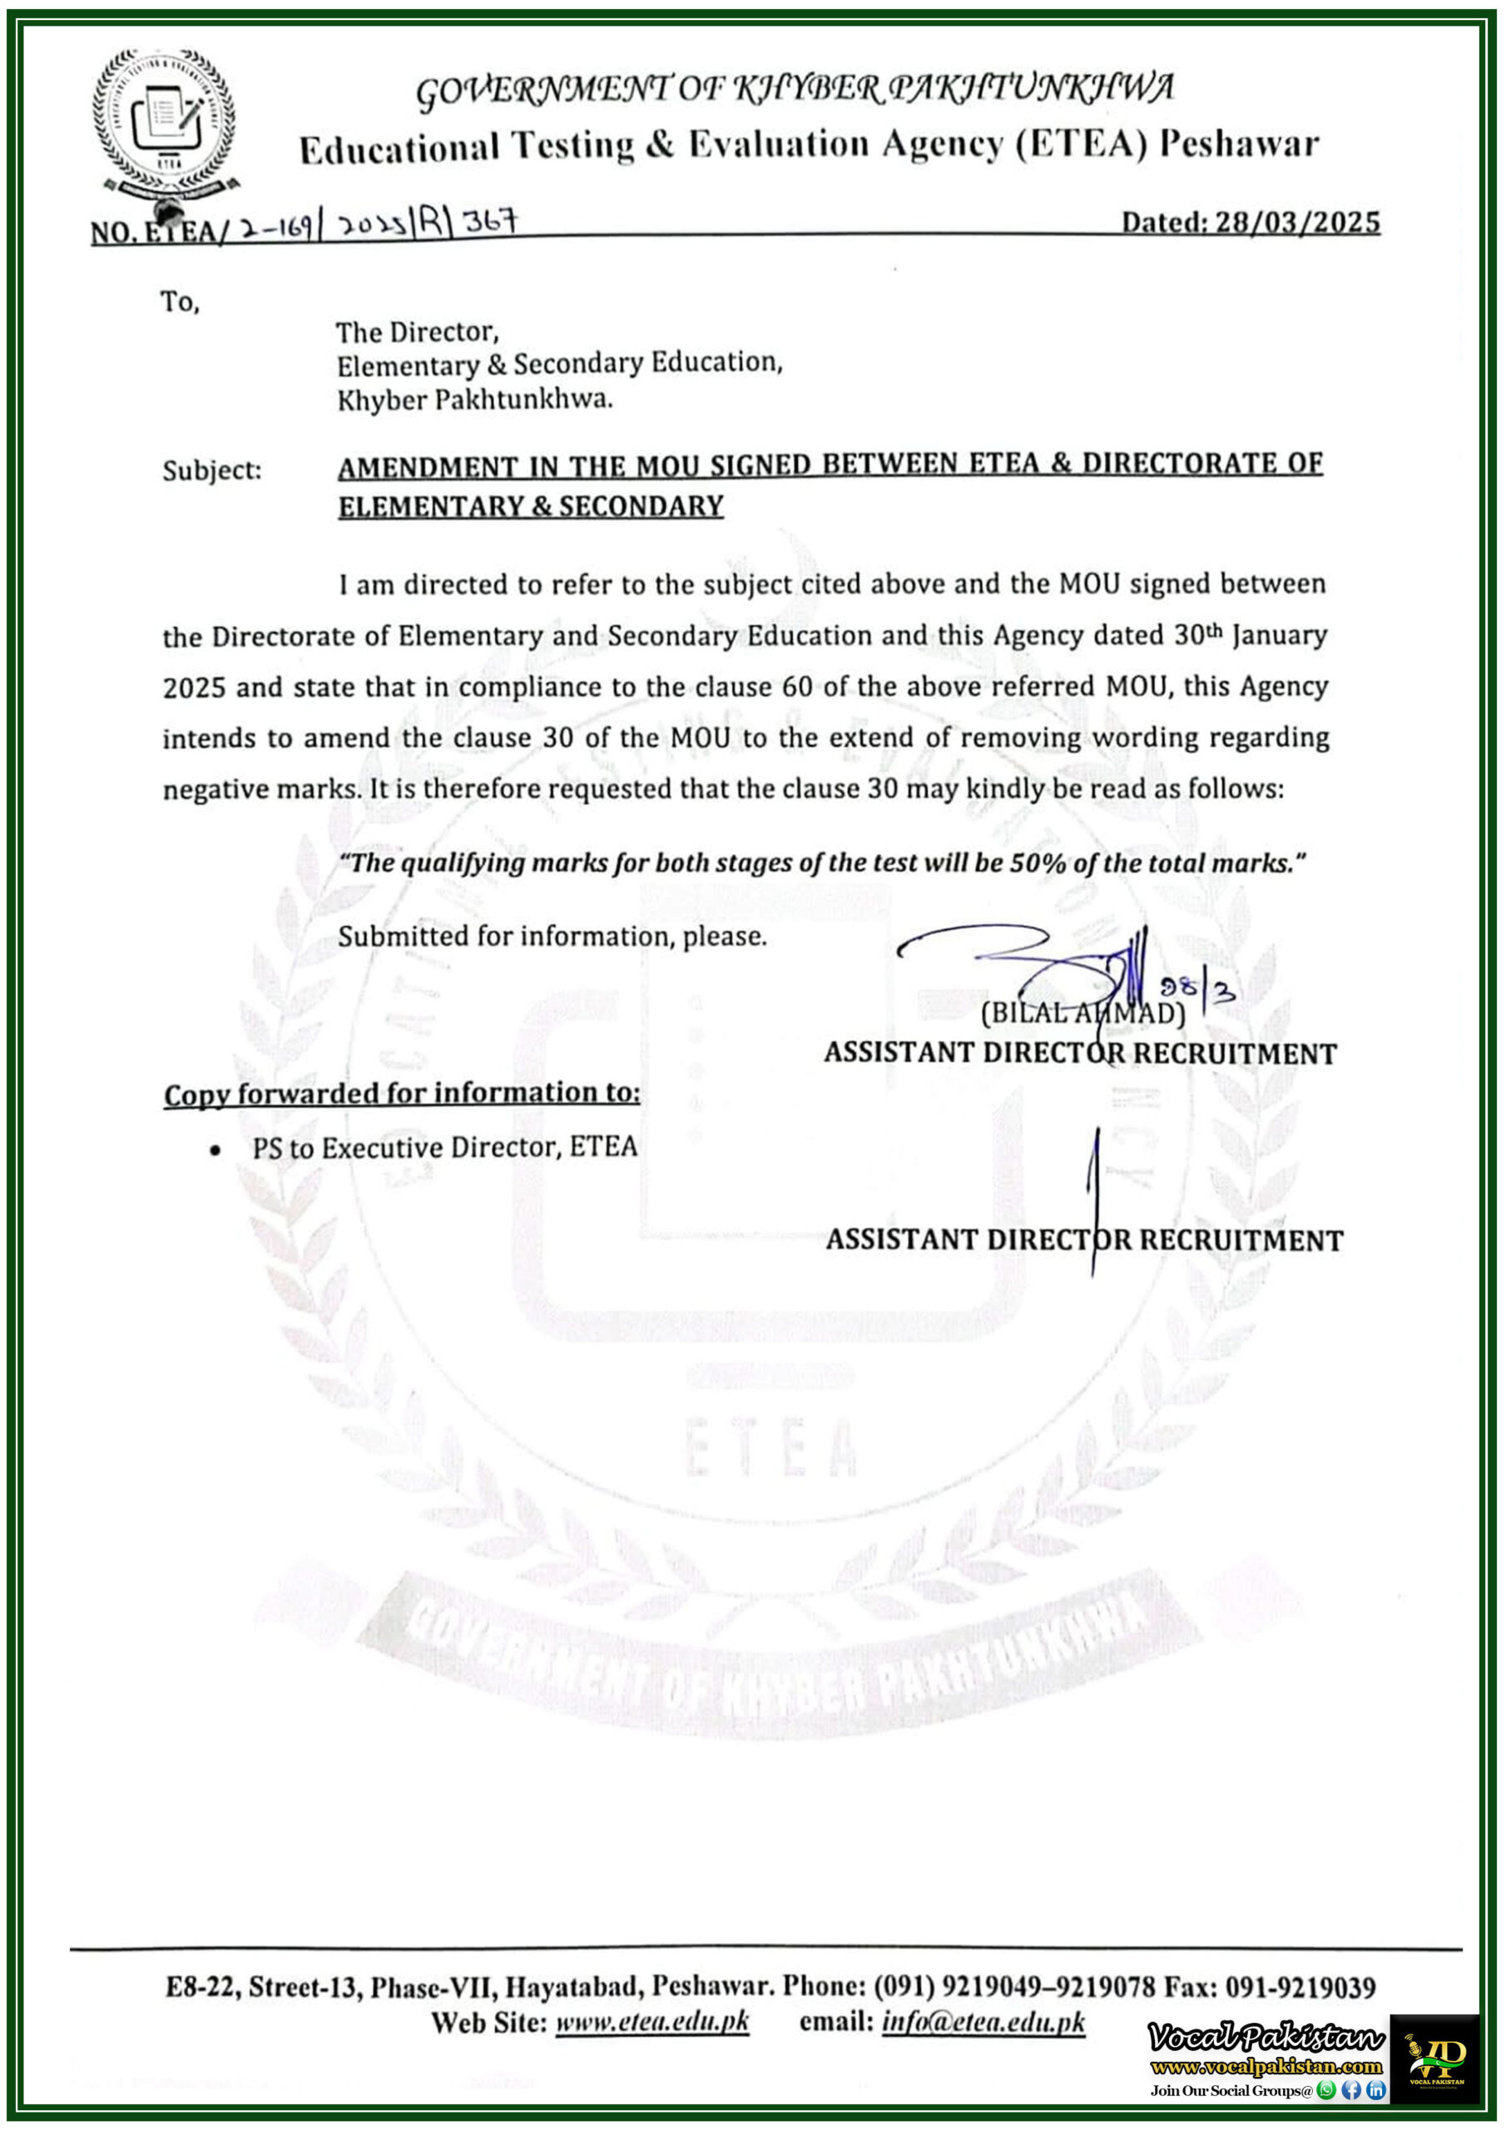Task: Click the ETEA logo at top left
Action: click(x=163, y=121)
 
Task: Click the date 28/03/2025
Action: click(x=1296, y=223)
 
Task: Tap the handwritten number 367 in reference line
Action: click(x=489, y=221)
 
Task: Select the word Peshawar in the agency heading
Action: click(x=1240, y=144)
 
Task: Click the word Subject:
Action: click(x=211, y=470)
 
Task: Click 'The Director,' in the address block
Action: click(x=417, y=331)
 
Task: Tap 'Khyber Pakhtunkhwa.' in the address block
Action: click(x=474, y=400)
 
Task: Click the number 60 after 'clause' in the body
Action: click(x=796, y=687)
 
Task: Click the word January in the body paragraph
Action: click(x=1280, y=636)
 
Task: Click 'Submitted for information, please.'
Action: click(x=552, y=936)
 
